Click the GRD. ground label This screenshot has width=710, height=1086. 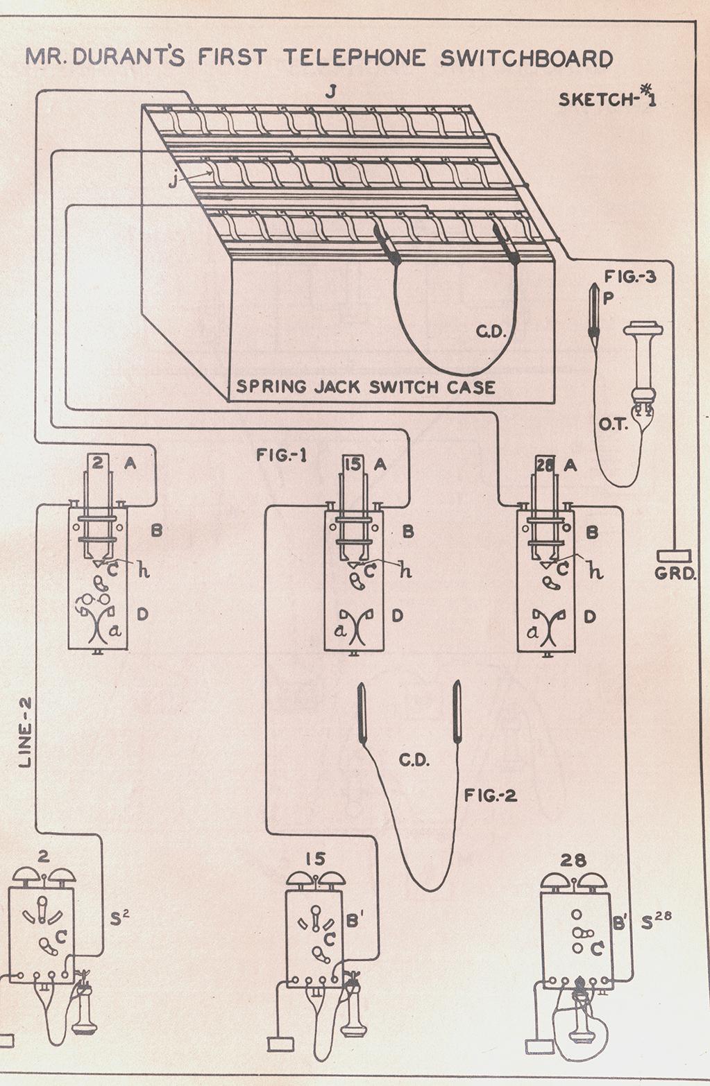[675, 574]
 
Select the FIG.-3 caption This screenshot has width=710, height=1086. [630, 277]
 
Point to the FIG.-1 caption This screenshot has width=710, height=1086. [282, 456]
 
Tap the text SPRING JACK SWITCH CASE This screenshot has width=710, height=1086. [366, 387]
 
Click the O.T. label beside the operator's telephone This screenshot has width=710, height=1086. [614, 425]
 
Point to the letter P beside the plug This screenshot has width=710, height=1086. [607, 299]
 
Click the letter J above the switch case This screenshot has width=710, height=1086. [331, 92]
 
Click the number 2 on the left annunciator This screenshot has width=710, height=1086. [98, 463]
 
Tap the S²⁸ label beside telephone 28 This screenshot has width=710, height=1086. [656, 920]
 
